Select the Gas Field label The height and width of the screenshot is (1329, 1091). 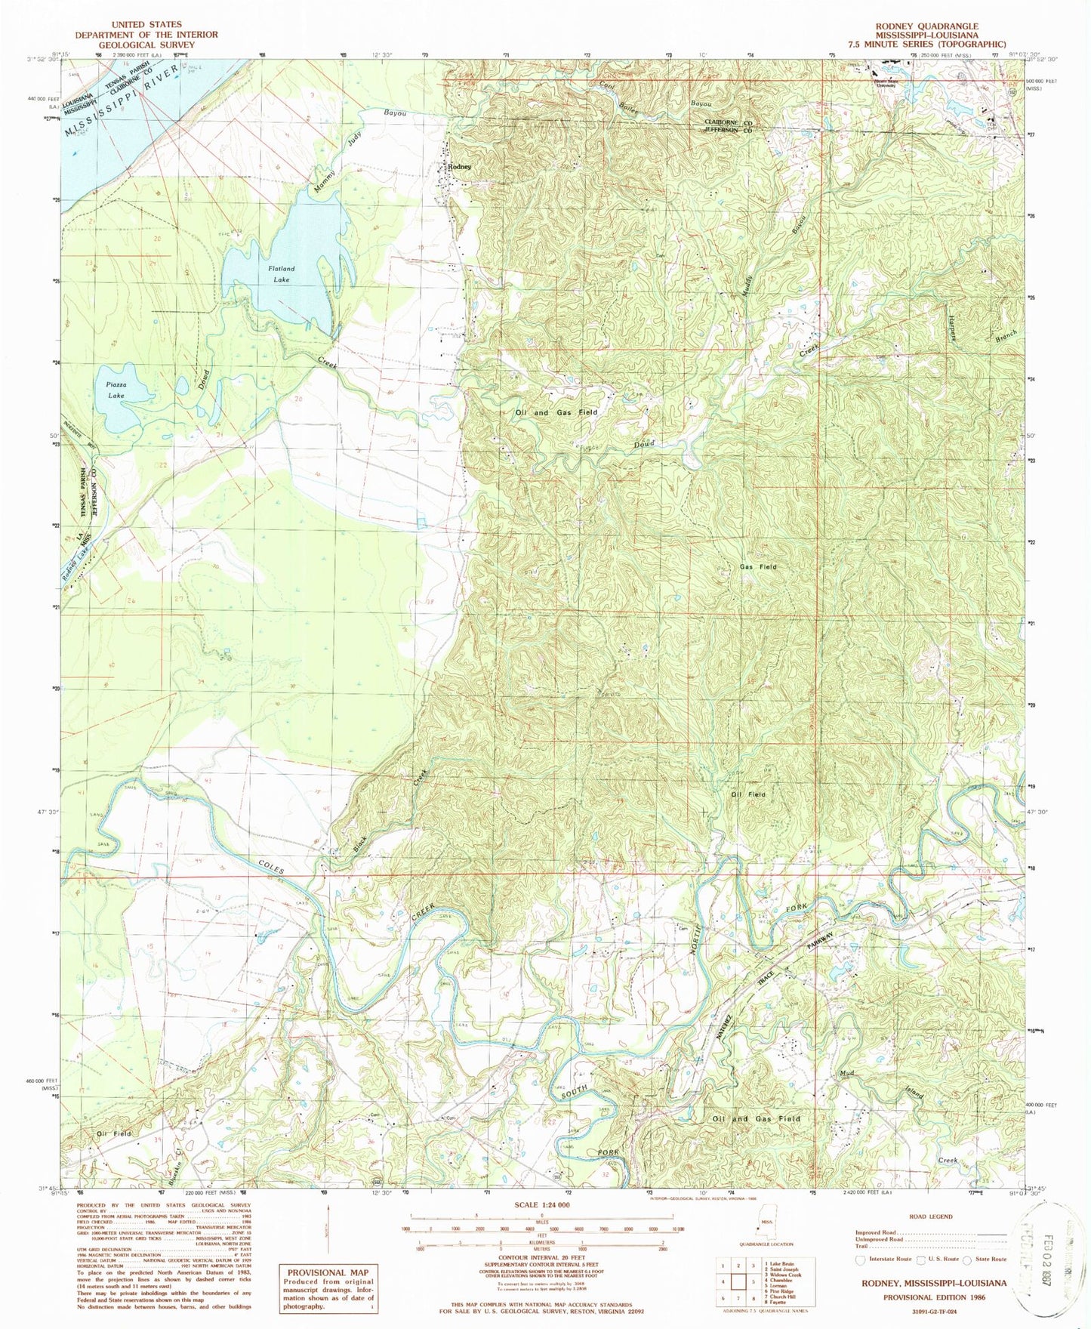(x=757, y=566)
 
